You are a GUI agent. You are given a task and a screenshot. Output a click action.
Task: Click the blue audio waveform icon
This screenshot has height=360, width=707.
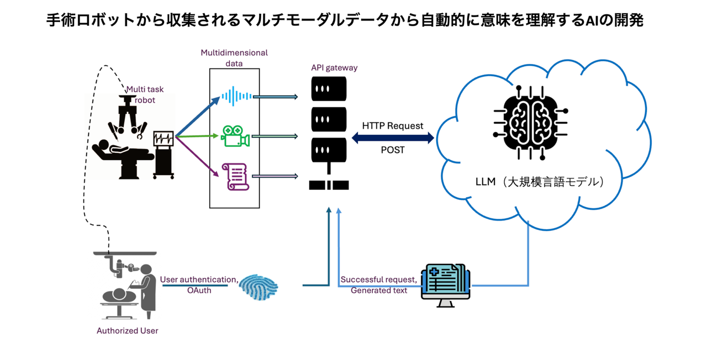tap(236, 96)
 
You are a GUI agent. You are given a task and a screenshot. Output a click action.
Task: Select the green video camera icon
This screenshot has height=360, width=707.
tap(235, 136)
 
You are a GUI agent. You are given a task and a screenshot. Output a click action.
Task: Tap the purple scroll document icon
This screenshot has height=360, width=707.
tap(235, 177)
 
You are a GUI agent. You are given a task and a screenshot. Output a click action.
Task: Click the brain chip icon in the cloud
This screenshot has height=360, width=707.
tap(530, 121)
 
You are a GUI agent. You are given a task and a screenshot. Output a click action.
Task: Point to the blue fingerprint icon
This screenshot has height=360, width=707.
tap(261, 287)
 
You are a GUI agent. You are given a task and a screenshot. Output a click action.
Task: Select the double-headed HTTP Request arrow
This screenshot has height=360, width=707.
tap(393, 138)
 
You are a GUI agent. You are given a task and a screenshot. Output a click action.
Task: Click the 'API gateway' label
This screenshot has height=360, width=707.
tap(334, 67)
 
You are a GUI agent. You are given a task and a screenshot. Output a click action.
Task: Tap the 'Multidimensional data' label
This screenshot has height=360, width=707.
tap(234, 58)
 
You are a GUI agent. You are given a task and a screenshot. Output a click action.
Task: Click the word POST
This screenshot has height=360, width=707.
tap(393, 150)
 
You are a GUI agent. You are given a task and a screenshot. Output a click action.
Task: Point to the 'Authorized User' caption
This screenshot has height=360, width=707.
tap(128, 331)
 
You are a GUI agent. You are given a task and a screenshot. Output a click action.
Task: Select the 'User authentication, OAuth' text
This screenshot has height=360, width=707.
tap(199, 285)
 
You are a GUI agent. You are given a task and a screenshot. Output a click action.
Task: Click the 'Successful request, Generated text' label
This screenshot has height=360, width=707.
tap(378, 285)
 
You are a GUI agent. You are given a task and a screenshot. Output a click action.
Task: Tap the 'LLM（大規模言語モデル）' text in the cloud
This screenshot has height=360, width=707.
tap(540, 181)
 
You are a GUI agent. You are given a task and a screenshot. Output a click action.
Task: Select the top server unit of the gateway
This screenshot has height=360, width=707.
tap(329, 89)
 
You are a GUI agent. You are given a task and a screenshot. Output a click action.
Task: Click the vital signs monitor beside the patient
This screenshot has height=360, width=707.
tap(163, 152)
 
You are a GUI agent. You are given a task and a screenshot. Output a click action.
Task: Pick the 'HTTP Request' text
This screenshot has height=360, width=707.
tap(393, 125)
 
